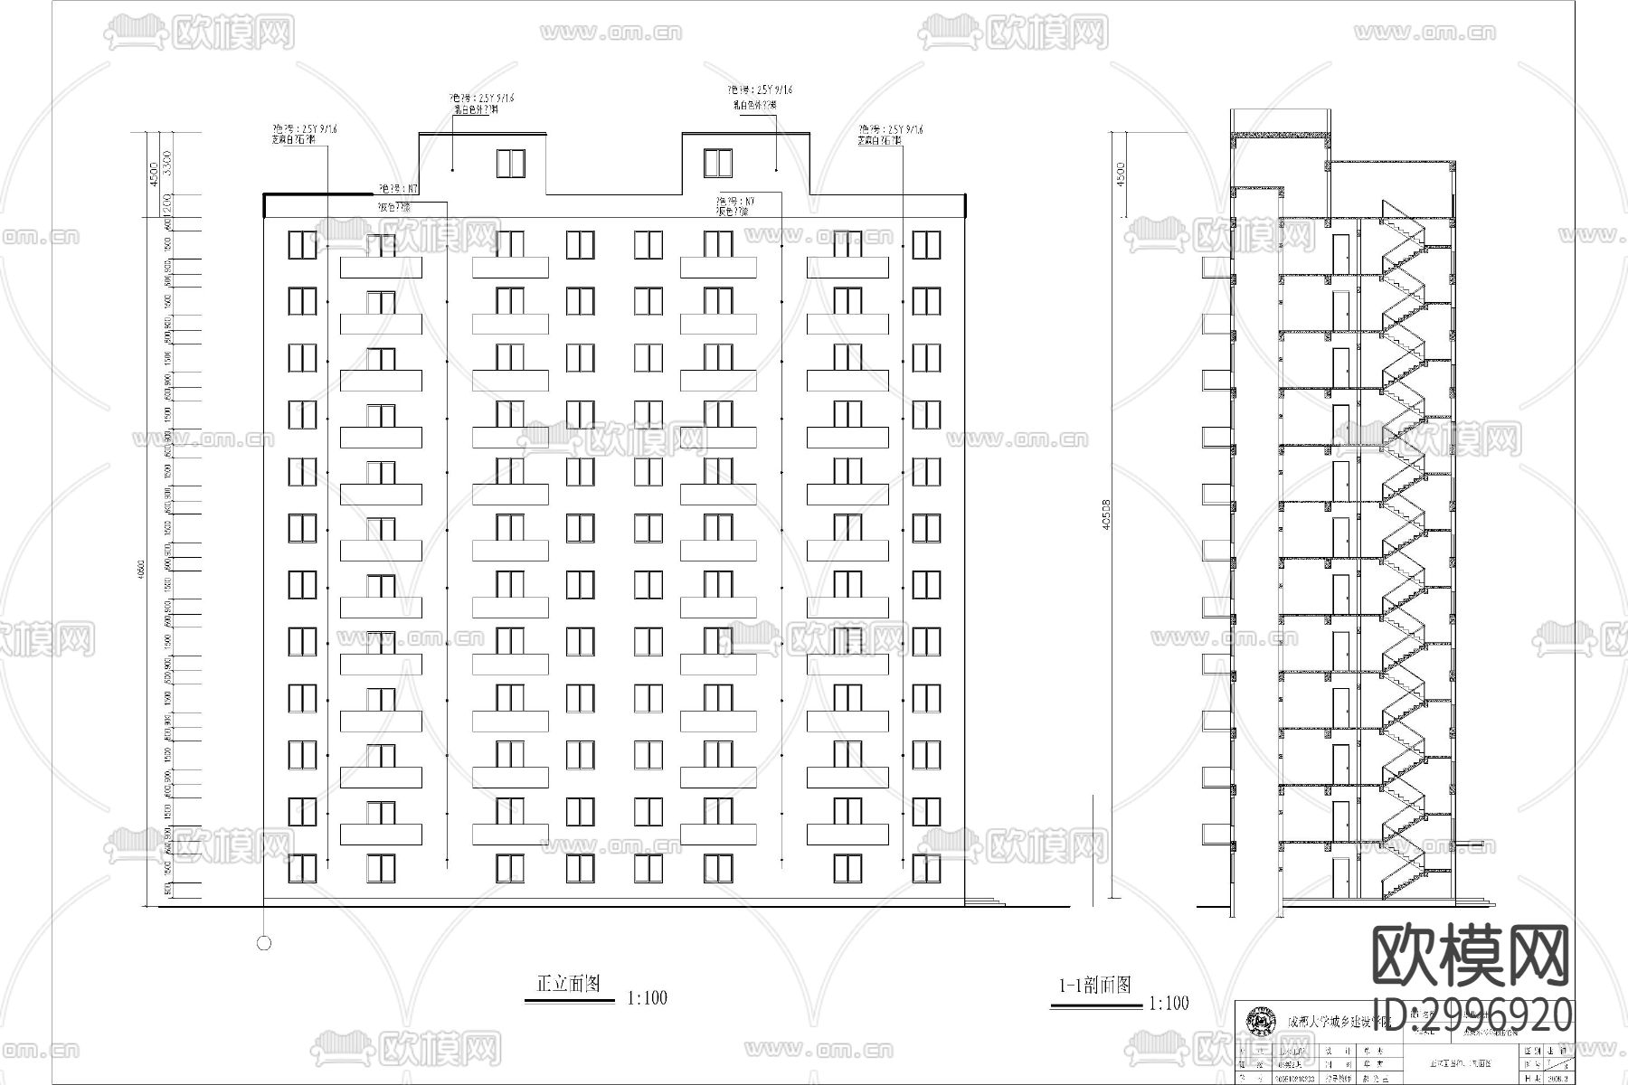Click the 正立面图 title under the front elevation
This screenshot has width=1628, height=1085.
[569, 984]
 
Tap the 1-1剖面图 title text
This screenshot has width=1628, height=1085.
[1095, 986]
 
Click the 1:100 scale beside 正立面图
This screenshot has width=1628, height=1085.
[647, 998]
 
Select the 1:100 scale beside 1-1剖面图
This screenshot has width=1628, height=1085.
[1169, 1003]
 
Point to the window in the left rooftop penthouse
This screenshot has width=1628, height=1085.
[510, 164]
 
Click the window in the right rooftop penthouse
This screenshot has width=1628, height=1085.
[718, 164]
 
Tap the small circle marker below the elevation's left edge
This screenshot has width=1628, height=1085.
[264, 943]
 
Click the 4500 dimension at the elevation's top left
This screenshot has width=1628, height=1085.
[153, 173]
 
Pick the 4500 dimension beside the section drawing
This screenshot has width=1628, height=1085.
[1121, 174]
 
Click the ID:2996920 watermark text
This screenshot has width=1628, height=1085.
[1472, 1015]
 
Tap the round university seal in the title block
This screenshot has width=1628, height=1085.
[1259, 1021]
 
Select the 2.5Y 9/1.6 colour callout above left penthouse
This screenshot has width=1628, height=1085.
[484, 98]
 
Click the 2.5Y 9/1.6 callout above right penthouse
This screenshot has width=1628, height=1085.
[761, 90]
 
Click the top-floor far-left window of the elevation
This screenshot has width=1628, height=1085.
[302, 245]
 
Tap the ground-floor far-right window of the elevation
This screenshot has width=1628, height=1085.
[926, 868]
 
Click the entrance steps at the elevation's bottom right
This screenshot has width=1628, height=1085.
[986, 901]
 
